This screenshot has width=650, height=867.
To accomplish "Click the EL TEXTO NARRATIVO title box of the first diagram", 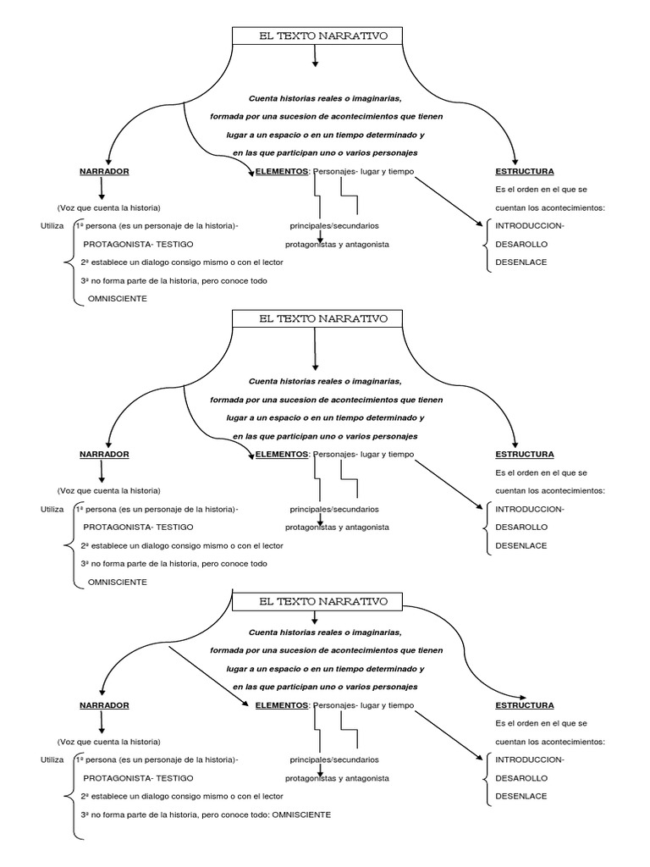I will (x=317, y=36).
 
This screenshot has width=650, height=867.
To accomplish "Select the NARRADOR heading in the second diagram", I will (x=104, y=454).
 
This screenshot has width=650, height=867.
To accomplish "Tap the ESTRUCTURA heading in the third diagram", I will (x=525, y=704).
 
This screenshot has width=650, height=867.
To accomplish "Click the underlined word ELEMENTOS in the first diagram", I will (x=282, y=171).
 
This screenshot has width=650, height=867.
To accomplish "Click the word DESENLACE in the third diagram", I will (x=521, y=796).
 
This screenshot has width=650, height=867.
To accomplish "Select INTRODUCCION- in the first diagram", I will (x=530, y=225).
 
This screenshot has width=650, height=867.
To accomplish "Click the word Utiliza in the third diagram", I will (x=52, y=759).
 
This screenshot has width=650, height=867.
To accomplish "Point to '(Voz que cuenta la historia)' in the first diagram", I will (x=109, y=207).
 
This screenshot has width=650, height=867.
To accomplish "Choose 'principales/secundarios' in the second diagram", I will (x=333, y=509).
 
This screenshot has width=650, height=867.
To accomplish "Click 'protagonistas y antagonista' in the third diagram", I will (x=337, y=777).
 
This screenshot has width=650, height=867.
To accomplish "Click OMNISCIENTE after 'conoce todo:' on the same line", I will (x=301, y=815).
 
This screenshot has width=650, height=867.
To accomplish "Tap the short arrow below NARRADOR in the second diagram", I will (x=102, y=472).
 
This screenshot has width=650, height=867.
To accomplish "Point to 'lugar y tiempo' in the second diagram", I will (x=387, y=454).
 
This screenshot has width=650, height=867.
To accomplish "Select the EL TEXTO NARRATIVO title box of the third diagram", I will (x=317, y=601).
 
